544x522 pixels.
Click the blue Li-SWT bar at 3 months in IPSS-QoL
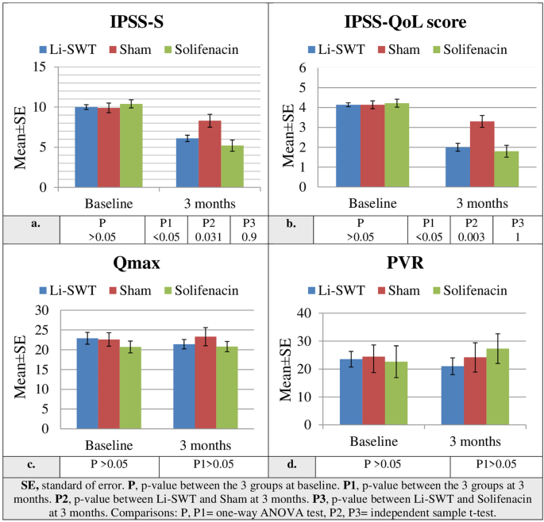[x=457, y=167]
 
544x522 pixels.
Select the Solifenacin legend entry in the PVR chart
[x=473, y=291]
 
